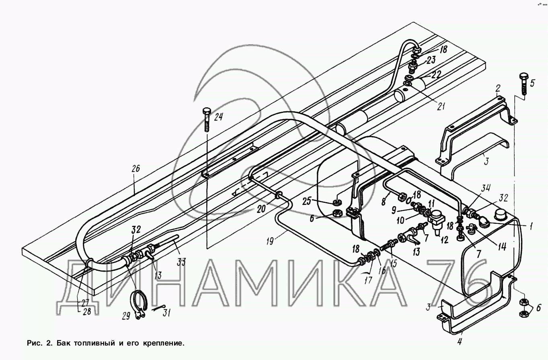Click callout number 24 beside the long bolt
(x=218, y=117)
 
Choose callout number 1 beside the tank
(x=531, y=227)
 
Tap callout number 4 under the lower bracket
(x=460, y=342)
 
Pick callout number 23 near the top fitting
(x=431, y=61)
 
